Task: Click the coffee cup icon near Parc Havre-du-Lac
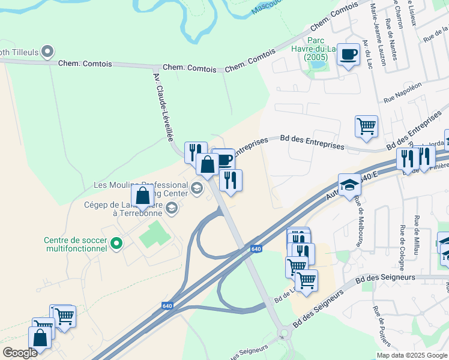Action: pyautogui.click(x=348, y=55)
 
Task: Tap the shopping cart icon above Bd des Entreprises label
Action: pyautogui.click(x=366, y=127)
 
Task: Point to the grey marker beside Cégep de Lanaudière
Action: pyautogui.click(x=172, y=208)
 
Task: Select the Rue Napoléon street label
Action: pyautogui.click(x=402, y=91)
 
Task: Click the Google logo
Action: pyautogui.click(x=19, y=352)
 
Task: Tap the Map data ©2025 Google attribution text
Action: pyautogui.click(x=412, y=355)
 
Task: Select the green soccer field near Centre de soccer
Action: pyautogui.click(x=155, y=234)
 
